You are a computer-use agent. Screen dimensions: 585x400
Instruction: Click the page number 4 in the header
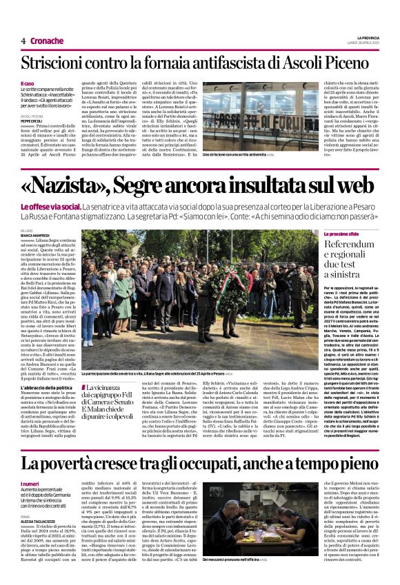tap(23, 41)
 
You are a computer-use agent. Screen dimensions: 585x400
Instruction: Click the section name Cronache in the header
tap(46, 41)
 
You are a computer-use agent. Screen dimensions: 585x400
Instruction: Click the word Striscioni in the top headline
tap(57, 65)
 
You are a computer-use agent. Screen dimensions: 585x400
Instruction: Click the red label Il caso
tap(26, 83)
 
